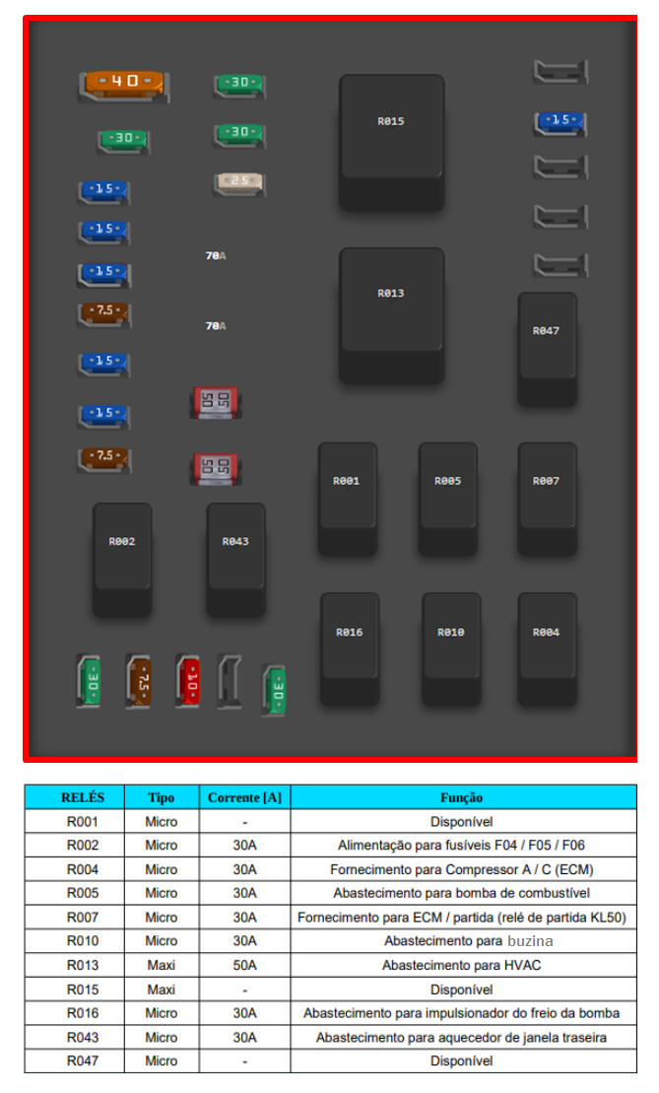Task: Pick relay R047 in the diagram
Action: click(x=547, y=346)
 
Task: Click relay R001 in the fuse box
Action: click(x=347, y=496)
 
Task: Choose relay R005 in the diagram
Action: click(x=448, y=496)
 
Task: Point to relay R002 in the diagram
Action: click(x=122, y=557)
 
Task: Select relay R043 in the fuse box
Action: click(x=235, y=557)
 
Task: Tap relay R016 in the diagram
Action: click(x=350, y=647)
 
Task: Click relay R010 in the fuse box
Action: click(x=451, y=647)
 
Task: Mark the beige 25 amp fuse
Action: click(x=238, y=182)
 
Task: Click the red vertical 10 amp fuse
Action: click(x=189, y=681)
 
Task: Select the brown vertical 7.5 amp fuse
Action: click(x=140, y=681)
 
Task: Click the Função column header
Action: click(x=461, y=797)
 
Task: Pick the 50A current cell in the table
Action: click(x=244, y=966)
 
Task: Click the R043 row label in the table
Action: click(x=82, y=1037)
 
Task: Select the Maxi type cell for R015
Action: click(x=162, y=990)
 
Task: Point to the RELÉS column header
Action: click(x=82, y=797)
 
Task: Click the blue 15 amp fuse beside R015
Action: click(x=560, y=121)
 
